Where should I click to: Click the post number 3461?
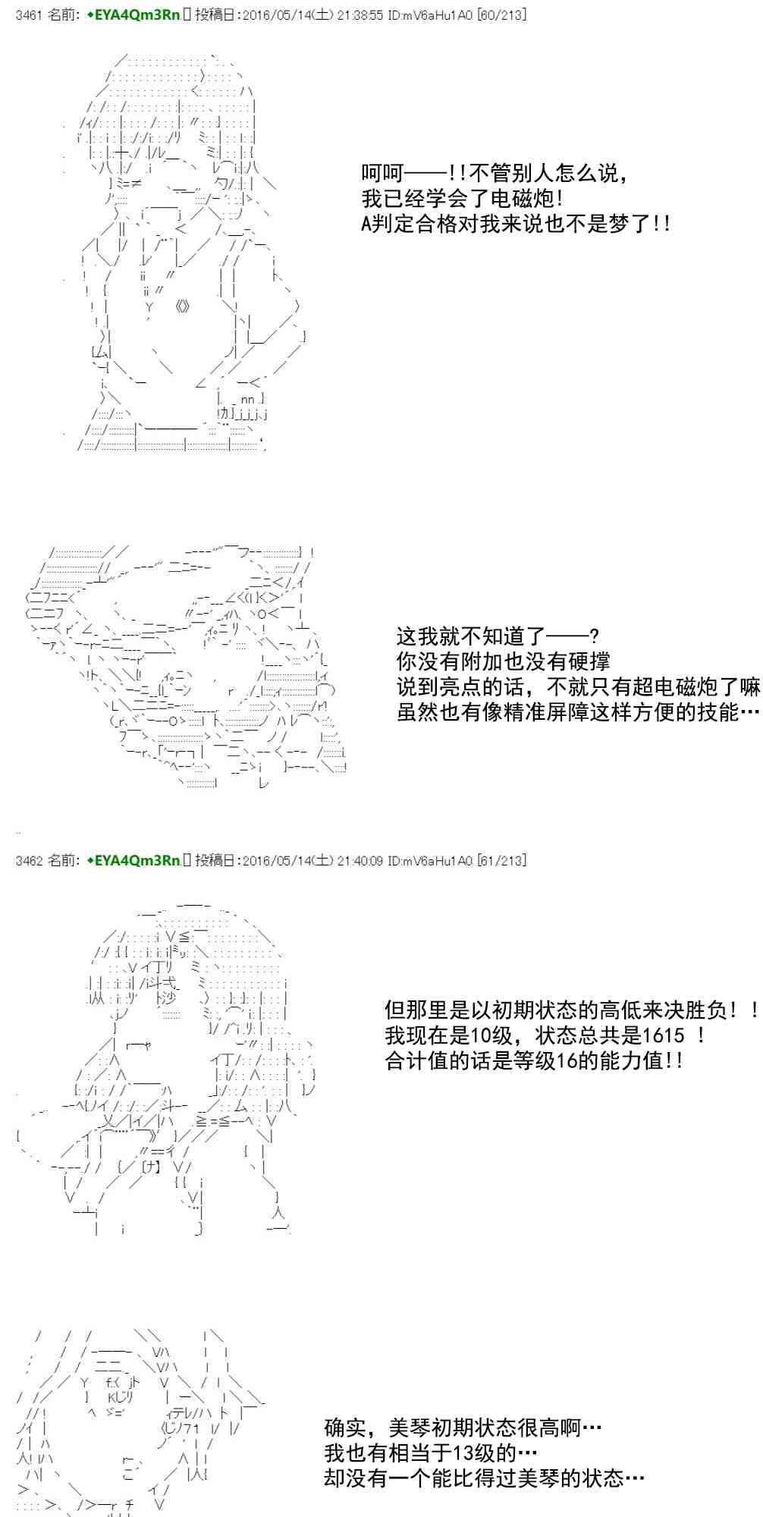tap(28, 15)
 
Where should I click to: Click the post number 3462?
tap(28, 860)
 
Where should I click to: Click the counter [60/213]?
tap(501, 15)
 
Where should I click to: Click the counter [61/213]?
tap(501, 860)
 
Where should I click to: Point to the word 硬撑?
tap(589, 661)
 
